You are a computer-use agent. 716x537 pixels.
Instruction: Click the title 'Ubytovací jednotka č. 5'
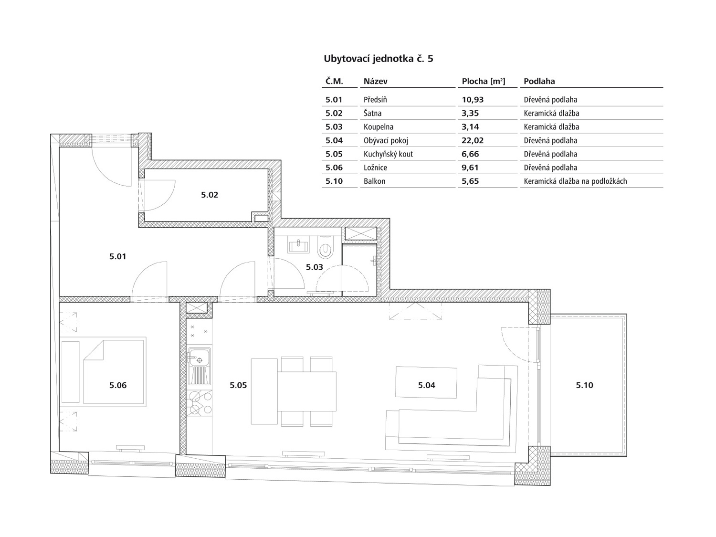click(x=379, y=59)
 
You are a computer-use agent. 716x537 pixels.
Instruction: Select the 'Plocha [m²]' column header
click(x=484, y=81)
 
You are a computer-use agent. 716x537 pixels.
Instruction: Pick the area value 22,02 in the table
click(x=473, y=140)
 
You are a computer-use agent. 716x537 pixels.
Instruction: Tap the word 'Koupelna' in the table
click(x=379, y=127)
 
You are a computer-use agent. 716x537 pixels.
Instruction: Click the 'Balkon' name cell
click(x=375, y=181)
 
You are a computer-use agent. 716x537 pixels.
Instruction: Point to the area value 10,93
click(x=473, y=100)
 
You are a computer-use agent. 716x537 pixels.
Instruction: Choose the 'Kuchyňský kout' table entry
click(x=388, y=154)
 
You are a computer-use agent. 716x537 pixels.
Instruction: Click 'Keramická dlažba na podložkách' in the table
click(x=575, y=181)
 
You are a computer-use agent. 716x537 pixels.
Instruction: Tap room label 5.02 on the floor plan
click(x=210, y=195)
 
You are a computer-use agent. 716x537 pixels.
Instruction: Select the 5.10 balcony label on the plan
click(x=584, y=385)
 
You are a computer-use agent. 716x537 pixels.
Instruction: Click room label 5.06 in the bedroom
click(x=118, y=385)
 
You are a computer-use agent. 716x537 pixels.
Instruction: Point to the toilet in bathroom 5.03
click(x=326, y=248)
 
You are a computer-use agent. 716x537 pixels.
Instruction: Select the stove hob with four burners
click(x=200, y=403)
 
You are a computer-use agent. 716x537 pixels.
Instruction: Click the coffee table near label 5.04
click(x=426, y=382)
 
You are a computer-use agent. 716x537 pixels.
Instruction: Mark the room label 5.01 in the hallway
click(x=117, y=257)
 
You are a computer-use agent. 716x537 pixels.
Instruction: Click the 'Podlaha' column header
click(x=539, y=81)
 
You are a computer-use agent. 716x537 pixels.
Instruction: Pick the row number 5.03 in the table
click(x=334, y=127)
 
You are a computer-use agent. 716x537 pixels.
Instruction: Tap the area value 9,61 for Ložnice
click(x=470, y=168)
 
